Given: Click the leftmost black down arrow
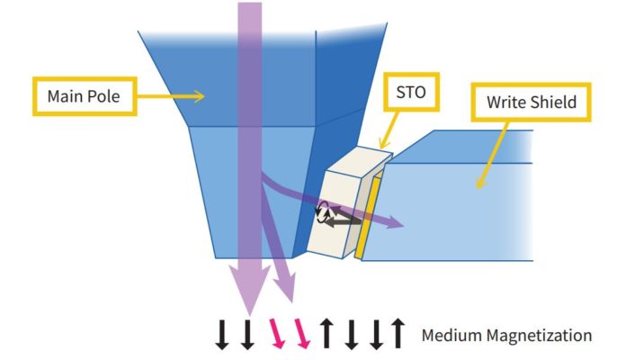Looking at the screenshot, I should (220, 335).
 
